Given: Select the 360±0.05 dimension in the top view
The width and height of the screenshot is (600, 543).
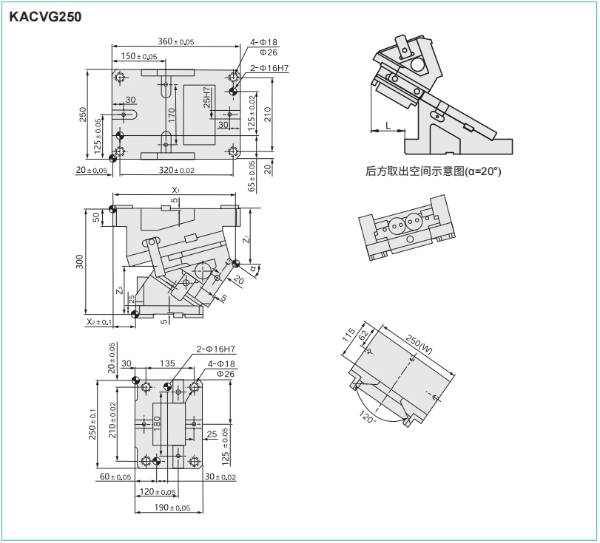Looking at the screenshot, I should (x=176, y=41).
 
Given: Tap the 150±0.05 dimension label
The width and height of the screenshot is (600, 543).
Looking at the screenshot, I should (x=138, y=56).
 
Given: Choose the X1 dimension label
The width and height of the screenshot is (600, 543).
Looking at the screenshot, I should (x=175, y=190).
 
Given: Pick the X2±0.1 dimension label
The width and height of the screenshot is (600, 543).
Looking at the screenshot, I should (x=98, y=322).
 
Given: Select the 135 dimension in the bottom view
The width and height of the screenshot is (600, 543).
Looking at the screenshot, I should (x=167, y=363).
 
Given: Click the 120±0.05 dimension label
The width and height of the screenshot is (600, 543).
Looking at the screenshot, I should (x=157, y=492).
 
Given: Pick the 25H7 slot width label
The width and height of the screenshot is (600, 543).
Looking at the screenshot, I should (x=207, y=97).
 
